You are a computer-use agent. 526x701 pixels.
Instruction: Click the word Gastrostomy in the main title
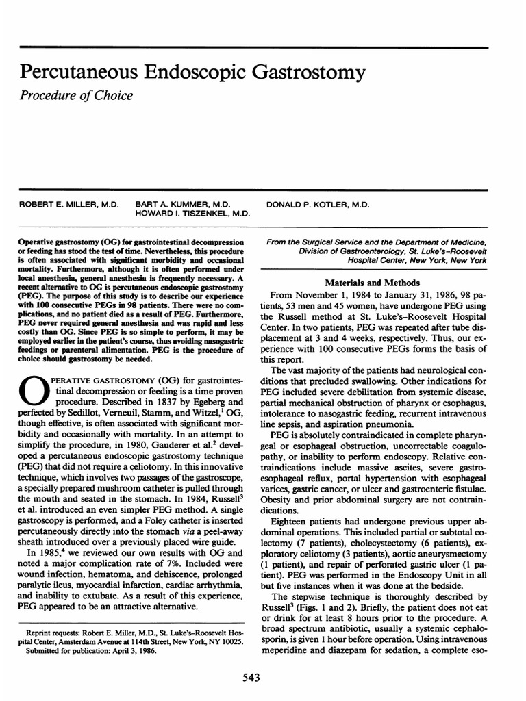click(x=297, y=72)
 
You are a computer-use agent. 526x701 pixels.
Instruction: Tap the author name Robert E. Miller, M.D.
click(x=69, y=204)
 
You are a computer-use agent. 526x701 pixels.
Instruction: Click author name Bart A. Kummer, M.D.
click(x=182, y=204)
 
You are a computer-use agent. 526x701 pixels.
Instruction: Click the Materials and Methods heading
click(x=377, y=283)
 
